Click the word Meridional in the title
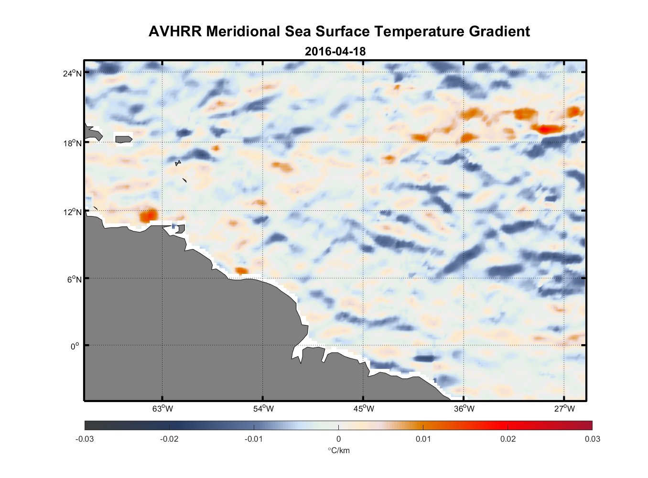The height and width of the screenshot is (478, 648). pos(244,32)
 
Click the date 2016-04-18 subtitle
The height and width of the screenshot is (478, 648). pos(335,52)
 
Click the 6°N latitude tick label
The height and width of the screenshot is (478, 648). pos(75,279)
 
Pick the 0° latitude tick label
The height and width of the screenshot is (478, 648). pos(75,347)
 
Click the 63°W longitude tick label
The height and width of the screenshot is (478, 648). pos(162,409)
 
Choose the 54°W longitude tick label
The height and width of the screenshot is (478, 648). pos(263,409)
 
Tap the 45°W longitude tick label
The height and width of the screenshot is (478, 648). pos(364,409)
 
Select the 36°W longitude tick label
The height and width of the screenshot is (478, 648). pos(464,409)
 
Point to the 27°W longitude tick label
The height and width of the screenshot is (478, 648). pos(564,409)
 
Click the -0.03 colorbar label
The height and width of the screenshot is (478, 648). pos(85,439)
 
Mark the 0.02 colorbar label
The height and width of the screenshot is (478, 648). pos(508,439)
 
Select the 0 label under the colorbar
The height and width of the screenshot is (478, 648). pos(338,439)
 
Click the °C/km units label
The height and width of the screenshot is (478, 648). pos(338,450)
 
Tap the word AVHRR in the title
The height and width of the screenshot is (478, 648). pos(175,32)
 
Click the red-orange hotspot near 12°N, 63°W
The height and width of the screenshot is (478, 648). pos(149,216)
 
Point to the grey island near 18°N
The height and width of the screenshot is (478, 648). pos(124,140)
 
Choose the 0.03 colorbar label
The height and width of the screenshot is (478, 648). pos(592,439)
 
